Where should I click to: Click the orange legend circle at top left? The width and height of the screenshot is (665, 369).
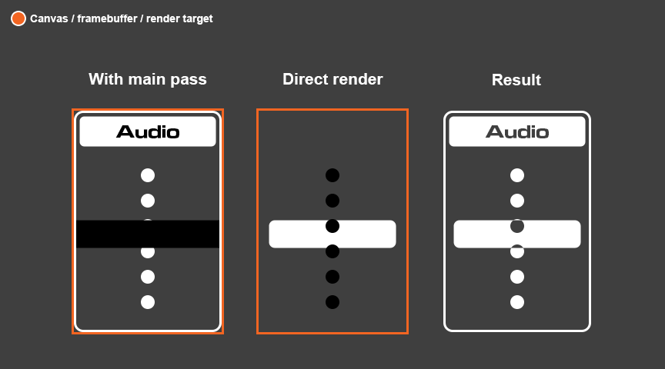click(18, 18)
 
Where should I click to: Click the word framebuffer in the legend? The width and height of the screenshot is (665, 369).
click(107, 18)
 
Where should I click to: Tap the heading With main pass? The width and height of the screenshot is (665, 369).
click(148, 79)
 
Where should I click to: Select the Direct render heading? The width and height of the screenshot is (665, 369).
click(332, 79)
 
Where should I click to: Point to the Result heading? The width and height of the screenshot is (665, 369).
click(516, 80)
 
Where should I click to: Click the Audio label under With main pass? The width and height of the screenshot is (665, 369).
click(148, 131)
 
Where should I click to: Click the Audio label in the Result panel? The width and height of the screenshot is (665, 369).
click(517, 131)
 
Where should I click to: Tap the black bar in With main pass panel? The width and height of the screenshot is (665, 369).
click(148, 234)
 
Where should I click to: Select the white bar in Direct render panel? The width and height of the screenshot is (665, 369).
click(332, 234)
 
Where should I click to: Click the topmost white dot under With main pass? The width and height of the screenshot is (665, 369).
click(148, 175)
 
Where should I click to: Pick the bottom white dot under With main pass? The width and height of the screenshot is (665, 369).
click(148, 302)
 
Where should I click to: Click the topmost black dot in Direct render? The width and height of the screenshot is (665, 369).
click(332, 175)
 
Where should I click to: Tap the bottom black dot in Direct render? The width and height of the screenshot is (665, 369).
click(332, 302)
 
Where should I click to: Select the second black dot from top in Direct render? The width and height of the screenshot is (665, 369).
click(332, 201)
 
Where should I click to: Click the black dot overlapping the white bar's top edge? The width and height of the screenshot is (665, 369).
click(332, 226)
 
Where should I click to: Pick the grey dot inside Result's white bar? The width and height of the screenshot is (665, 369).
click(517, 226)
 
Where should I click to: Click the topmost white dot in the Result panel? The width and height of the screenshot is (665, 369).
click(517, 175)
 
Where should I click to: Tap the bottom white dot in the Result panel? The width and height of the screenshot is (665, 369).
click(517, 302)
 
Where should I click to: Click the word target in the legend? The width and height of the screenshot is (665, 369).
click(197, 19)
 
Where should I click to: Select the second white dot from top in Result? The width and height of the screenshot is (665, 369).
click(517, 201)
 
